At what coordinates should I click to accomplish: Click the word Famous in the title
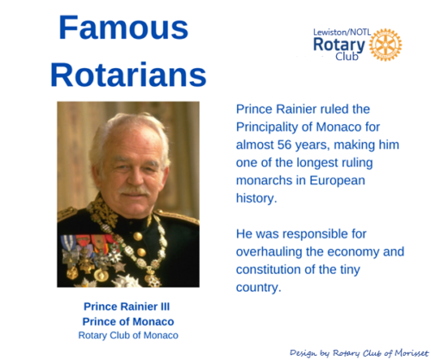123,28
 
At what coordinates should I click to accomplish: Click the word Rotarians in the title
128,74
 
